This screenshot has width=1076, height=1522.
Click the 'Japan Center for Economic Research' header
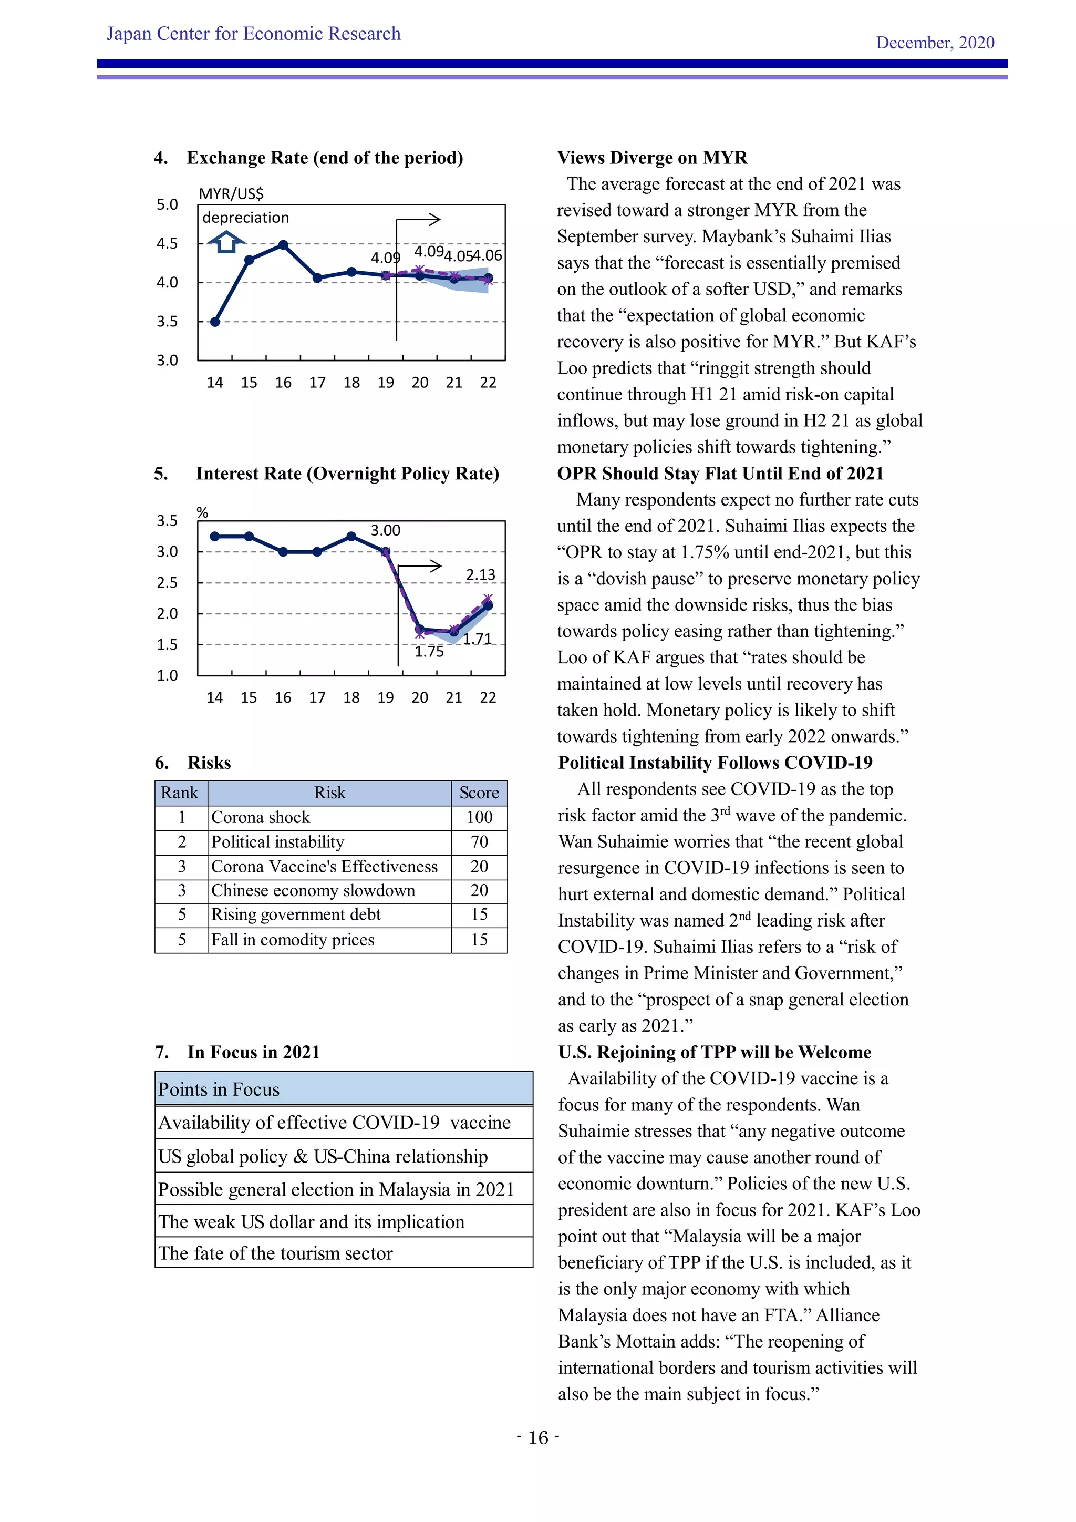point(253,34)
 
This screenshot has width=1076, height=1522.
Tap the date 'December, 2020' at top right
point(935,43)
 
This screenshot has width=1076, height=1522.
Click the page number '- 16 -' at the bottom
point(538,1437)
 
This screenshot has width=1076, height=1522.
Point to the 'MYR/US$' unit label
point(231,193)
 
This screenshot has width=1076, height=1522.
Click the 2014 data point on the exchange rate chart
point(215,322)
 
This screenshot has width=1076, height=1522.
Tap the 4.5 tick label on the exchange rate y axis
point(167,243)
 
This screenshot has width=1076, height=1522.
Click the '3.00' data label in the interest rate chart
point(385,530)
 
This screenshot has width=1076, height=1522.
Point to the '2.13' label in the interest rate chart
point(480,575)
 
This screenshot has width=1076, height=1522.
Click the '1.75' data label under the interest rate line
point(429,652)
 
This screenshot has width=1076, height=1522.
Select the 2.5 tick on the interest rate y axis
point(167,583)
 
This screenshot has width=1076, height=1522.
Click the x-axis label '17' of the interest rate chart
point(317,697)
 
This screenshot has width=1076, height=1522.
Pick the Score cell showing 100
point(479,817)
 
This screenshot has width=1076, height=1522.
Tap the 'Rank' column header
point(180,793)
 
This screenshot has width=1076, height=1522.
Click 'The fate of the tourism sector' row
point(276,1253)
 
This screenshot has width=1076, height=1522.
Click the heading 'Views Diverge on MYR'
point(652,158)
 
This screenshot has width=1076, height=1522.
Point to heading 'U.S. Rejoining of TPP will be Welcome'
point(714,1052)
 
